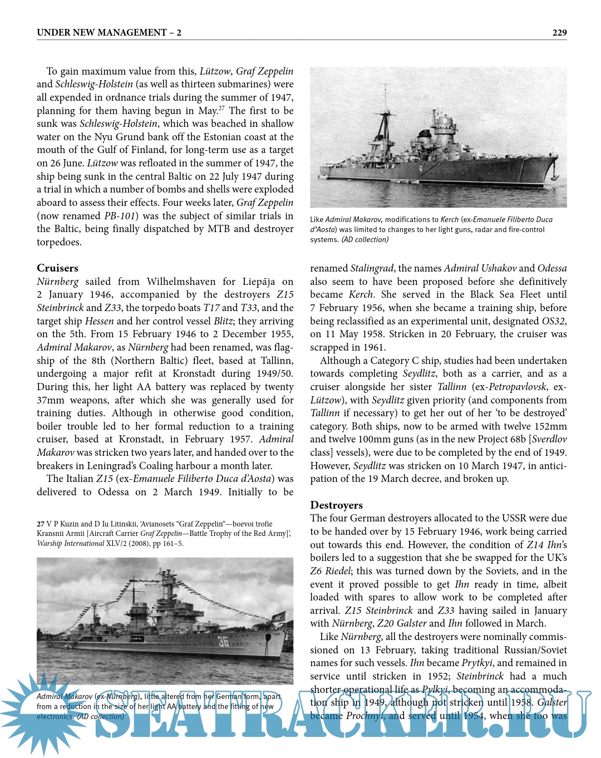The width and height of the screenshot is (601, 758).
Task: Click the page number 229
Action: click(x=559, y=33)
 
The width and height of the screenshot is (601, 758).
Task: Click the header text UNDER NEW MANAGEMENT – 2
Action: click(x=109, y=33)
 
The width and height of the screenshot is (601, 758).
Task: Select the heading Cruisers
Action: click(x=57, y=268)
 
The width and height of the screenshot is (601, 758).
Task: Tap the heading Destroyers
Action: click(x=336, y=505)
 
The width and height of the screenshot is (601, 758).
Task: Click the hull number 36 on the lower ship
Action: click(x=223, y=642)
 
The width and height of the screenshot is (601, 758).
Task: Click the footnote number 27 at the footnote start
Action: click(x=41, y=524)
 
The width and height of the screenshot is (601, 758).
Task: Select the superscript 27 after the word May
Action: click(x=221, y=108)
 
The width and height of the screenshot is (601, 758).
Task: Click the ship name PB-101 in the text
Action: click(x=118, y=216)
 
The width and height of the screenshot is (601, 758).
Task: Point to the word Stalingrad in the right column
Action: click(x=372, y=268)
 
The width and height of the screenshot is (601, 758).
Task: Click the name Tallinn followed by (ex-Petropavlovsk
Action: click(x=451, y=387)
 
